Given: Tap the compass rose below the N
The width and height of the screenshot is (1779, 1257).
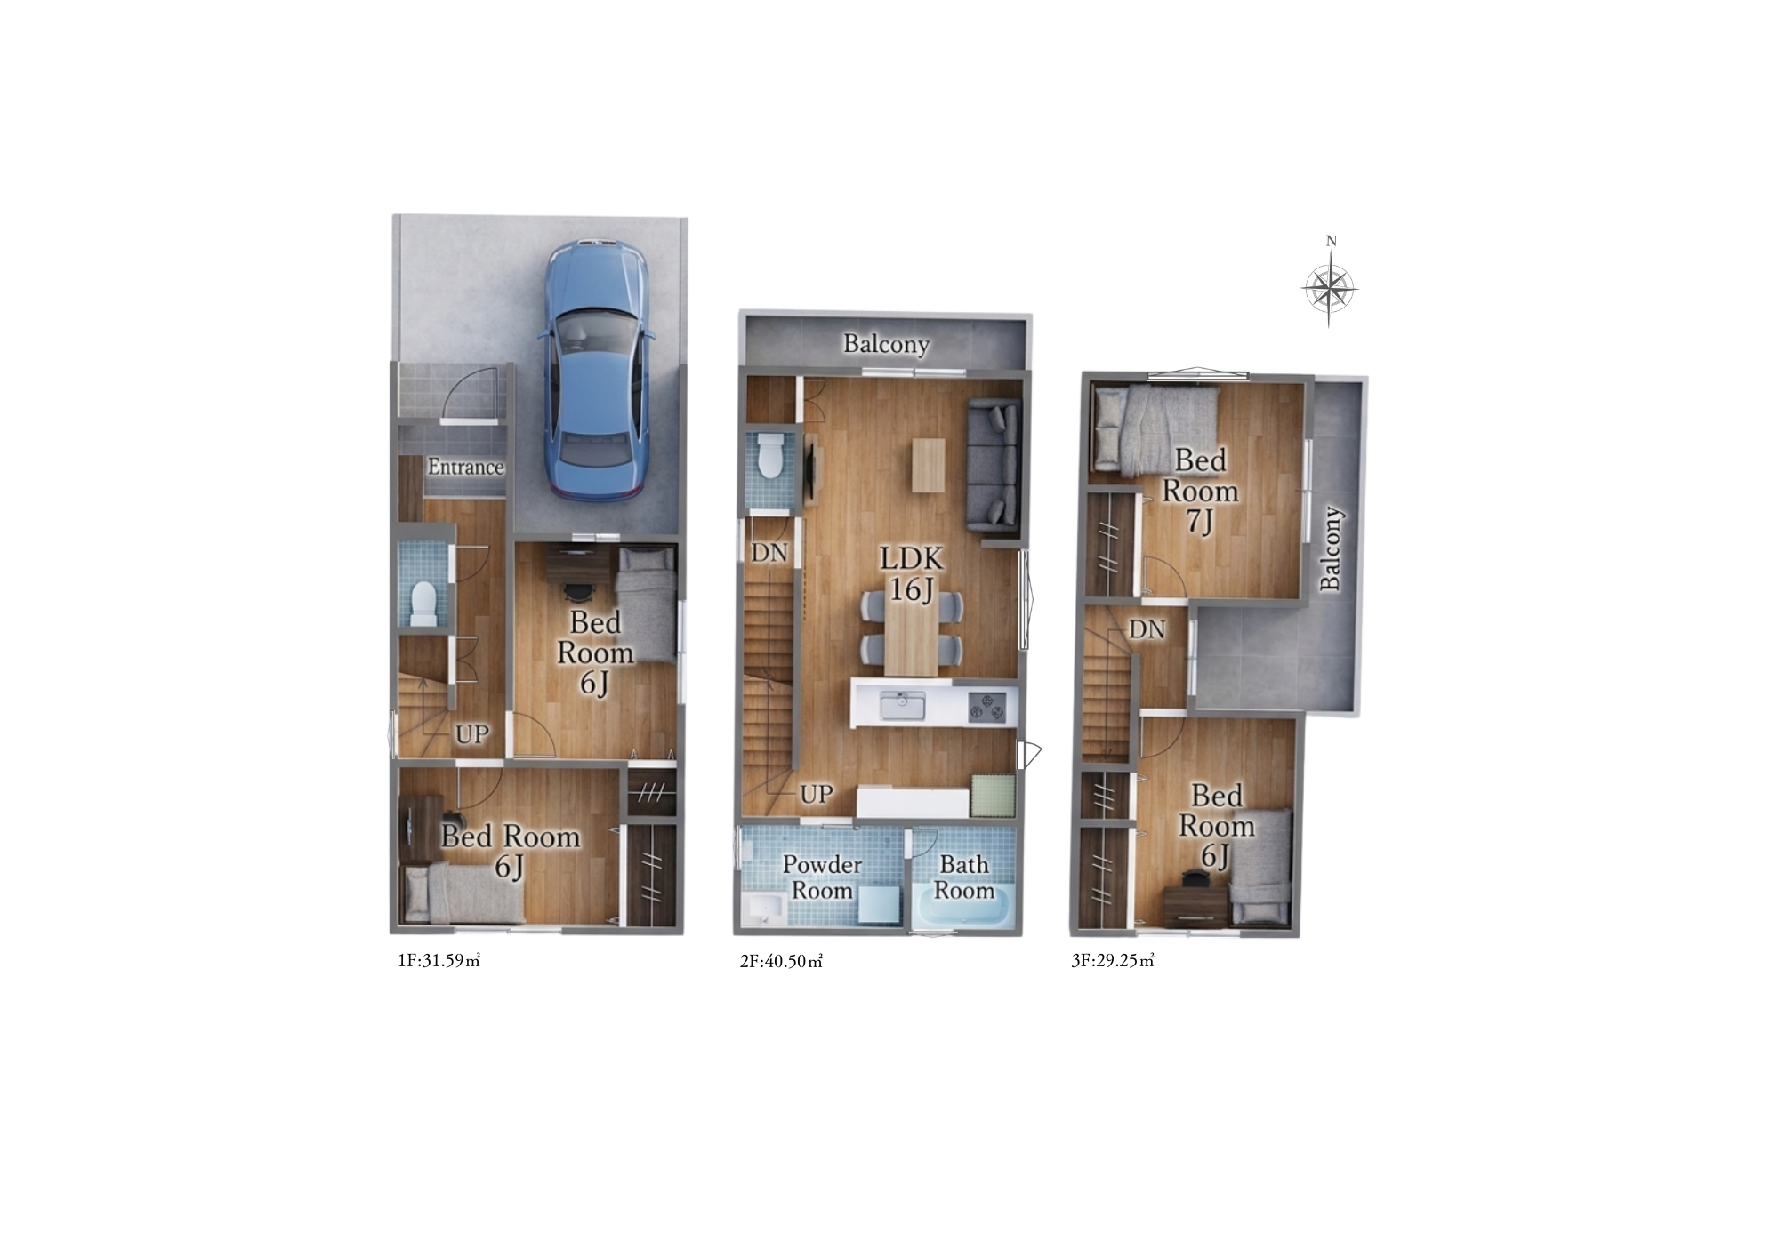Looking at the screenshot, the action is click(x=1330, y=288).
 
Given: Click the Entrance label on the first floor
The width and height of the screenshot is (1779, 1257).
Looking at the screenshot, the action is click(x=465, y=467).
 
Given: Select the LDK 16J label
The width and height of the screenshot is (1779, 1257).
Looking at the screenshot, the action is click(x=911, y=573).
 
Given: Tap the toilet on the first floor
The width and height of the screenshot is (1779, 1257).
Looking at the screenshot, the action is click(x=425, y=603).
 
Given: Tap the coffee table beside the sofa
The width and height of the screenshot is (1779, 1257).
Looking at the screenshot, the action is click(x=926, y=465).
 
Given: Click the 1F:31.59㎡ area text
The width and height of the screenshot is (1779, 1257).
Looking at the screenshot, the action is click(x=439, y=961).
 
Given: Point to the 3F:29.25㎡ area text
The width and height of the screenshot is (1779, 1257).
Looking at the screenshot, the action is click(x=1113, y=961).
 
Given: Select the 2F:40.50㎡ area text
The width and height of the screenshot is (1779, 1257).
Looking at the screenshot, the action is click(x=781, y=961).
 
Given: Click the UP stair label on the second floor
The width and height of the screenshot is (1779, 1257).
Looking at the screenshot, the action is click(x=816, y=794).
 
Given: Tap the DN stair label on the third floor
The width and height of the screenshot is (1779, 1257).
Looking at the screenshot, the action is click(x=1147, y=629).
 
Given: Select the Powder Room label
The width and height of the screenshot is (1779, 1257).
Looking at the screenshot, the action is click(x=822, y=877).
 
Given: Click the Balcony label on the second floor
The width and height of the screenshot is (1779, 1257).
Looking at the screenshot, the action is click(x=886, y=344).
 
